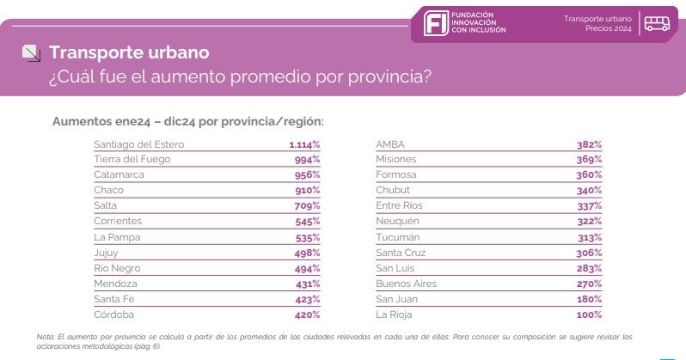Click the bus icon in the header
[657, 23]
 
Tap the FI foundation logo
[436, 23]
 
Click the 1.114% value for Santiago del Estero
[304, 145]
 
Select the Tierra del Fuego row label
[132, 159]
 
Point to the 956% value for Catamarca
[307, 174]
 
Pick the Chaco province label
[108, 190]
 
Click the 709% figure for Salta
[307, 205]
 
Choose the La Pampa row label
[117, 237]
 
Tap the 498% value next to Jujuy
[307, 253]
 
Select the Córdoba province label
[113, 314]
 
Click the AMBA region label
[390, 144]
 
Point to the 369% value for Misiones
[589, 159]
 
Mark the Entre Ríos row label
[399, 205]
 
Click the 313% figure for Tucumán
[590, 237]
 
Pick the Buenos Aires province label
[406, 284]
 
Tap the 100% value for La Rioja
[589, 314]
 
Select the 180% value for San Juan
[589, 299]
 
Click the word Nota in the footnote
[45, 337]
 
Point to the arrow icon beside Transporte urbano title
[31, 53]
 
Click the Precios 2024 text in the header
[609, 28]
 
